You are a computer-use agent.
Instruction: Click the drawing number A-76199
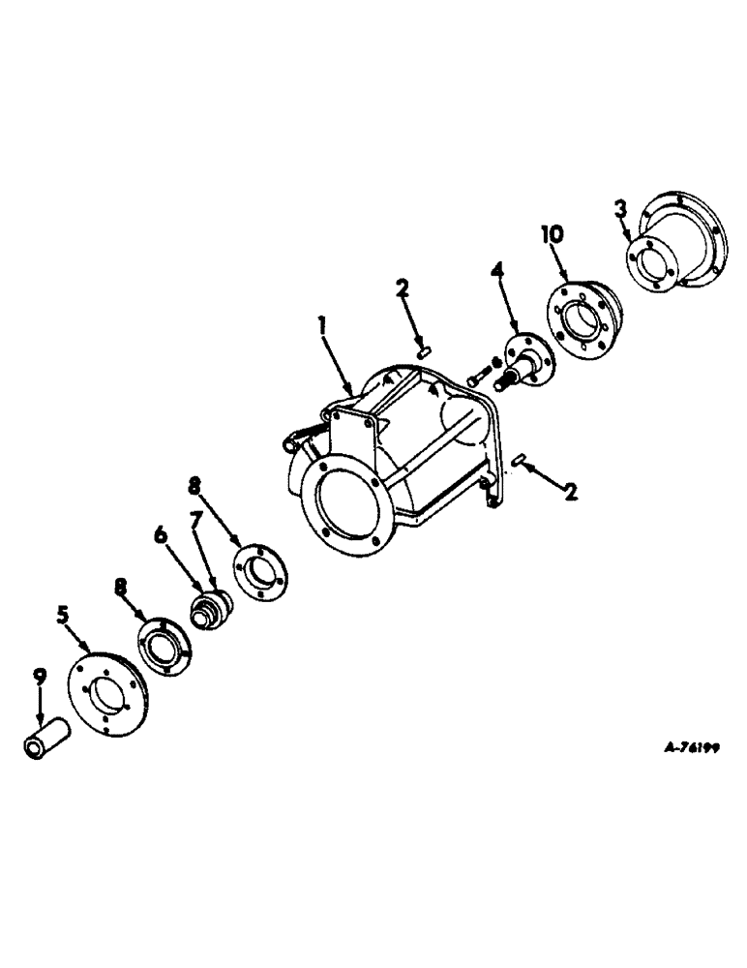(697, 747)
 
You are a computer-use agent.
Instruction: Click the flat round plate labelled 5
(106, 689)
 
